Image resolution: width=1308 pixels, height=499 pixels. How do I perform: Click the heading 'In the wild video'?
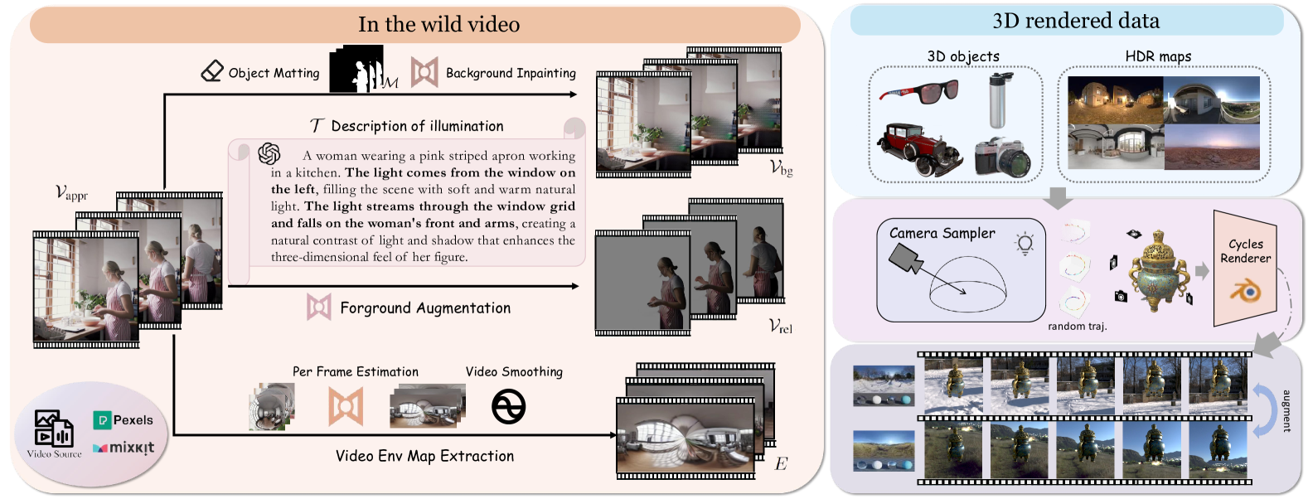438,24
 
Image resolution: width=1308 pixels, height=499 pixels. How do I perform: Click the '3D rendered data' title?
1076,21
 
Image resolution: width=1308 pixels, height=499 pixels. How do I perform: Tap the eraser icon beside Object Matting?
212,71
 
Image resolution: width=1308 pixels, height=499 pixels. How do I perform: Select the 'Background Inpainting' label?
511,73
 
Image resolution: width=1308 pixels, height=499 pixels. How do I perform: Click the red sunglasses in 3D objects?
918,91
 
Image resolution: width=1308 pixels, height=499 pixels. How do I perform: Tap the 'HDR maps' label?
1158,56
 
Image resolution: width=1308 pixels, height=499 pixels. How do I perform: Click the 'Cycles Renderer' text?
1245,251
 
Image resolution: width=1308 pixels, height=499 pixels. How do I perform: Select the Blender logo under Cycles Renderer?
1245,291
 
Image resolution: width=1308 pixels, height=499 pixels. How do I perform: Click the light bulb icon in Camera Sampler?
1025,243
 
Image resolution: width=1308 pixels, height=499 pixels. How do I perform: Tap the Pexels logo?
124,420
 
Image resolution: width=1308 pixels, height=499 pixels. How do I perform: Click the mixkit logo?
124,448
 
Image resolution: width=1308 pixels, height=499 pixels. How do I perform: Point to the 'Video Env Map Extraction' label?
424,456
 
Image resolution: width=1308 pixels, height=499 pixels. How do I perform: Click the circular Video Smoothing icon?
508,407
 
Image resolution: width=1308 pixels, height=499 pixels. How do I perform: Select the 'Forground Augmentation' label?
425,308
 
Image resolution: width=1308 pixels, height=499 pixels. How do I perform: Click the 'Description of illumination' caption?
417,126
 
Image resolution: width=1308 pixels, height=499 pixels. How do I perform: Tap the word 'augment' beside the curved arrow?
1286,411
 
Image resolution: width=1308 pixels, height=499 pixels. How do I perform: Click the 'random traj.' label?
1077,327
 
